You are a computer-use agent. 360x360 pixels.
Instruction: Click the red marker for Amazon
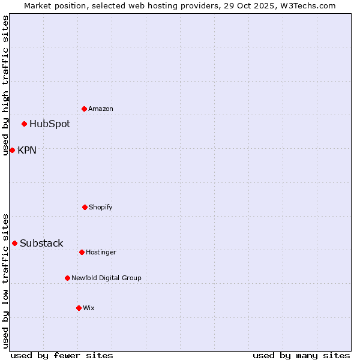click(85, 109)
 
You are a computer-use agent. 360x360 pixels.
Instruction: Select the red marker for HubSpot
click(25, 124)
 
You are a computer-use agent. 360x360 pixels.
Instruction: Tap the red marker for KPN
click(12, 150)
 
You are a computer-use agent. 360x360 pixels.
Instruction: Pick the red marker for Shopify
click(85, 207)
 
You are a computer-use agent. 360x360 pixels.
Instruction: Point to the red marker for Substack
click(15, 243)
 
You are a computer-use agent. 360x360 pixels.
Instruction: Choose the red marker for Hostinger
click(82, 252)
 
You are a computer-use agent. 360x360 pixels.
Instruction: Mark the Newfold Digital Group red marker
click(67, 278)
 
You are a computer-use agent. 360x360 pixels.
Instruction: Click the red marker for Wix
click(79, 308)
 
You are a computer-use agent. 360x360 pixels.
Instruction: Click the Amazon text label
click(101, 109)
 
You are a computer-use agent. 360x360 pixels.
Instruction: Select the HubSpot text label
click(50, 124)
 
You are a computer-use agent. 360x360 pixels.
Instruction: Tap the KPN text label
click(27, 150)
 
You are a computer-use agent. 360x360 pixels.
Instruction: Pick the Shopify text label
click(101, 207)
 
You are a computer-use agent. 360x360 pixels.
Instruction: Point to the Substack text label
click(41, 243)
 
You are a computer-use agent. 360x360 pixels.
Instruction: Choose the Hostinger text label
click(101, 252)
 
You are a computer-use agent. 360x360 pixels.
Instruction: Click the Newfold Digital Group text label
click(107, 278)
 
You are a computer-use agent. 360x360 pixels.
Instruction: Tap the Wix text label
click(89, 308)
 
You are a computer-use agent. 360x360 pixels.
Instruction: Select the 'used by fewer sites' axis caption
click(62, 355)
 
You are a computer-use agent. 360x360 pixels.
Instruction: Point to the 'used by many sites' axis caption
click(301, 355)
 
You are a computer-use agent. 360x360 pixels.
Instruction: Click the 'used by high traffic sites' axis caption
click(5, 85)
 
